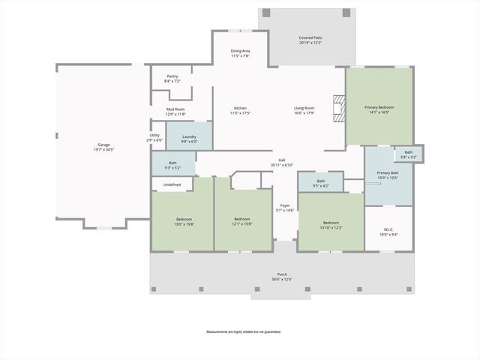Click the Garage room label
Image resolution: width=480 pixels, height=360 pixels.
[103, 145]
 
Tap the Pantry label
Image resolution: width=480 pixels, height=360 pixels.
[172, 76]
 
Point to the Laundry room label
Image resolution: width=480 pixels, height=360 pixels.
[189, 136]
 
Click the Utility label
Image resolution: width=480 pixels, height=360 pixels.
[154, 136]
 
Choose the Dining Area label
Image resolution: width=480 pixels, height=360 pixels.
[240, 51]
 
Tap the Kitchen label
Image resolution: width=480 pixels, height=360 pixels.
[240, 109]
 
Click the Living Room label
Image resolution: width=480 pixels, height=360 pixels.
[304, 109]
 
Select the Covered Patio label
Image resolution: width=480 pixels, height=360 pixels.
[310, 37]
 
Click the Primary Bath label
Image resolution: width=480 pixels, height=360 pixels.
[388, 173]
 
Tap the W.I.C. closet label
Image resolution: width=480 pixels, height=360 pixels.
[388, 229]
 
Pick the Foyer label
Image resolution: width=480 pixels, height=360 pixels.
[285, 205]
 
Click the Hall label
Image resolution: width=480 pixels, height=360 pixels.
[282, 160]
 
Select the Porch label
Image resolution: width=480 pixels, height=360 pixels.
[282, 274]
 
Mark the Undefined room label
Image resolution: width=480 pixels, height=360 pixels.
[172, 184]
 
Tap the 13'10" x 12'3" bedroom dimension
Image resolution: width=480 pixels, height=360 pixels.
[331, 227]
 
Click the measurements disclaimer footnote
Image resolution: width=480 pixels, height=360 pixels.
[240, 331]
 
